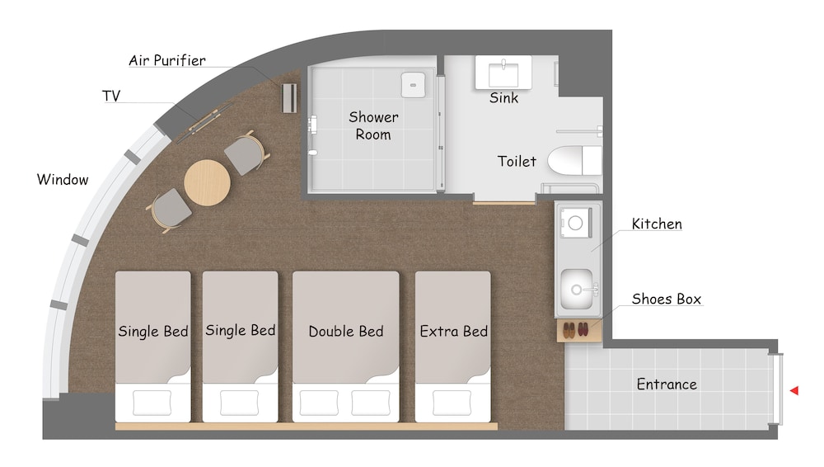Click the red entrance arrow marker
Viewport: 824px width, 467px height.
click(x=794, y=390)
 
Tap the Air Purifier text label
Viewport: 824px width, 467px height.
click(x=167, y=60)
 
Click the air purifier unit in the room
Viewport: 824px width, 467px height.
click(x=289, y=98)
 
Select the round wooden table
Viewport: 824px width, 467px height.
click(x=207, y=182)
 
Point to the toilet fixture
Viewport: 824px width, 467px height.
click(x=574, y=161)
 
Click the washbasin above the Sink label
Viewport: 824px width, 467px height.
click(x=503, y=72)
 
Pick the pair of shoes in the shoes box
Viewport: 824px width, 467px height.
click(x=576, y=330)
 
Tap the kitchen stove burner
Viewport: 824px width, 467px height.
click(x=575, y=223)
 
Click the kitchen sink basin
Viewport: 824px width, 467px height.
click(x=577, y=289)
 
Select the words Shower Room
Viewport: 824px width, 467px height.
click(x=373, y=125)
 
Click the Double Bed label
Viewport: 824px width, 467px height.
click(x=346, y=331)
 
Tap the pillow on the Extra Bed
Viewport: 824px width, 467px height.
click(x=452, y=403)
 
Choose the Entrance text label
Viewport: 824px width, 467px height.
click(x=667, y=384)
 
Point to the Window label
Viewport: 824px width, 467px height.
click(x=63, y=180)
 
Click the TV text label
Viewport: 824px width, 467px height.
click(x=111, y=96)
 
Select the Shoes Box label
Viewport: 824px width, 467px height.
click(x=667, y=299)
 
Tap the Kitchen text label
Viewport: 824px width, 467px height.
click(x=657, y=224)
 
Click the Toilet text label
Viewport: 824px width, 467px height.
click(x=517, y=161)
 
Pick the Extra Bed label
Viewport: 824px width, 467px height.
click(x=453, y=331)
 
